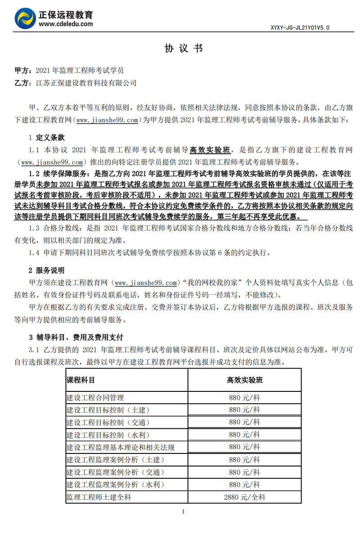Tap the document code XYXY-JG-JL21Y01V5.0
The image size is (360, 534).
[300, 27]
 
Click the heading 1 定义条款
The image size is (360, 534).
[47, 137]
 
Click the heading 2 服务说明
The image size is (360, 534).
[47, 270]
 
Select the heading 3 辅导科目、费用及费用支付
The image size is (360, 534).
[76, 337]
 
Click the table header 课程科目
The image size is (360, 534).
[81, 380]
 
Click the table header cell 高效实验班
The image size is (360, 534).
[244, 380]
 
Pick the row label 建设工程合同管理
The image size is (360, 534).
[95, 398]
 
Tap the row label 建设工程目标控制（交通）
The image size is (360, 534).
[108, 422]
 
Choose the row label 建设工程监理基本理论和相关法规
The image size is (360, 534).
[120, 447]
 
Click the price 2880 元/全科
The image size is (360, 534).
[244, 497]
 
